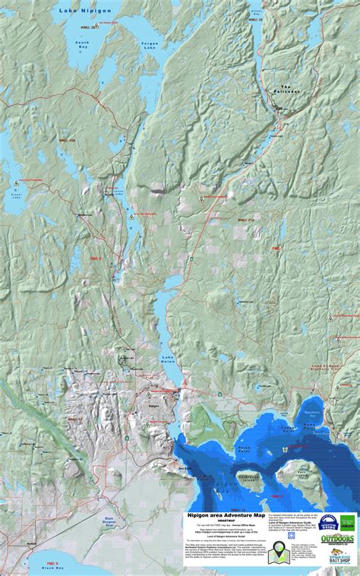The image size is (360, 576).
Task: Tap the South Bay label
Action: (82, 46)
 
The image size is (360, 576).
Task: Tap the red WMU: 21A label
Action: (245, 220)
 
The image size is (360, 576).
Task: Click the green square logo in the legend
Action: (348, 523)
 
